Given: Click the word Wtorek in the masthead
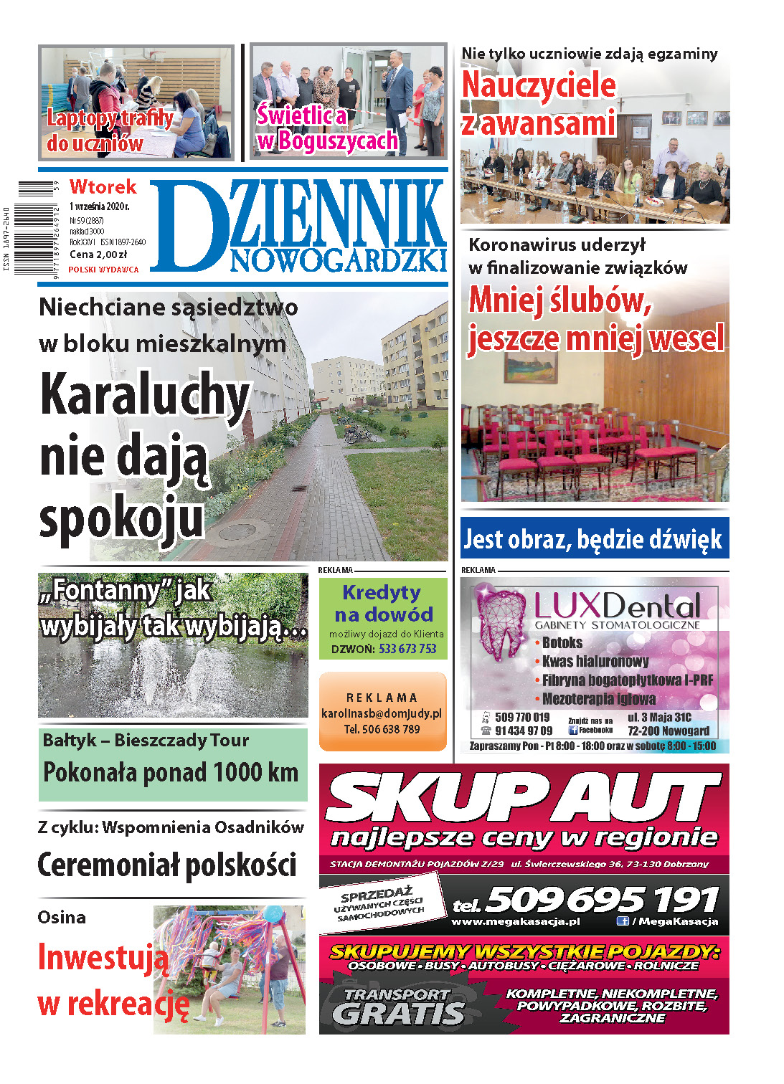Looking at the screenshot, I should tap(103, 187).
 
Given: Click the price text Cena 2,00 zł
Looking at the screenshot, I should tap(98, 255).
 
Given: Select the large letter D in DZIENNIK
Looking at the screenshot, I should tap(187, 226).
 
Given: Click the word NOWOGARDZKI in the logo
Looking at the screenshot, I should tap(339, 262).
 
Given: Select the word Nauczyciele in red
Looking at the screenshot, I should tap(539, 85).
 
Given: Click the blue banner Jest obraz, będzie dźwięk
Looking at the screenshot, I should tap(594, 538).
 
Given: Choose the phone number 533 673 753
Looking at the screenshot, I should tap(407, 649).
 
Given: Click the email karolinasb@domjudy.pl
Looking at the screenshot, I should tap(382, 713).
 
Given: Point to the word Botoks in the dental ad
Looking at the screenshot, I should tap(562, 642).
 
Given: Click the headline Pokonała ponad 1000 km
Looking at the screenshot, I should tap(171, 773).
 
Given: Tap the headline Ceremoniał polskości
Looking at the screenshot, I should tap(166, 865).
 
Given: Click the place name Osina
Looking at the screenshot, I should tap(62, 917).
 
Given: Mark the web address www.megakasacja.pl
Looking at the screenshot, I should tap(516, 922).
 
